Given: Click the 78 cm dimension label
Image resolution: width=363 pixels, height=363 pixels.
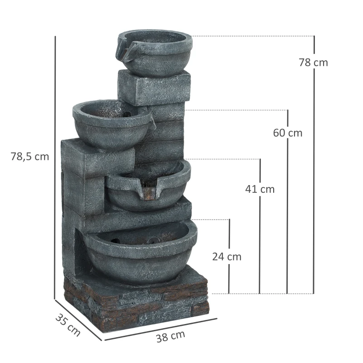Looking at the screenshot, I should point(313,63).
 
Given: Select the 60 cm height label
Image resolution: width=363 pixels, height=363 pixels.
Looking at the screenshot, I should point(287,133).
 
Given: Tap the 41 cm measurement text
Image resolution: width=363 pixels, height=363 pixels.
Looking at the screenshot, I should point(260,189).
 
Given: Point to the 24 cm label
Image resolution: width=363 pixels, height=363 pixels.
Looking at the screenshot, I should point(227,256).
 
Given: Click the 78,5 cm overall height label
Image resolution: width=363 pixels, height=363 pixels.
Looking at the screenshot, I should point(29,157).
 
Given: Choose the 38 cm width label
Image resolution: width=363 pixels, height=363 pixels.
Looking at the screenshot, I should point(171,336).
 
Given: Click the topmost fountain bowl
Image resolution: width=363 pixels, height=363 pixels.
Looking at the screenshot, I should point(157,52).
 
